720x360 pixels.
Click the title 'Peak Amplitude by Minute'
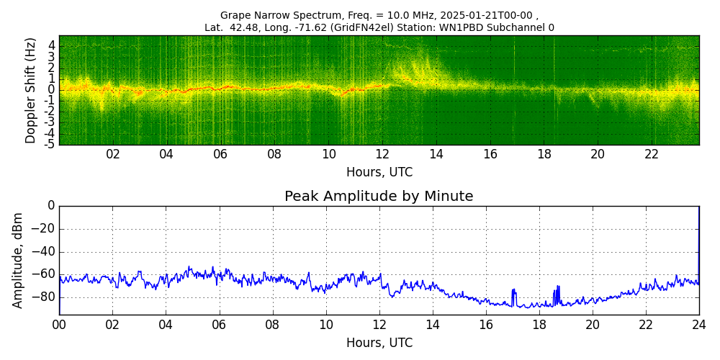(x=379, y=196)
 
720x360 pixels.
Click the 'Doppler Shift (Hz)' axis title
(x=30, y=90)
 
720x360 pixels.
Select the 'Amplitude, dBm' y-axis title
(x=19, y=260)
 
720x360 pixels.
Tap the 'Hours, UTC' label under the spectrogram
(x=379, y=172)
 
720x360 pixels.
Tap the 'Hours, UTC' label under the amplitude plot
(x=379, y=343)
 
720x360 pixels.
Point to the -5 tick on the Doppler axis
(x=50, y=144)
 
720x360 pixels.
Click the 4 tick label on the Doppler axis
(x=52, y=45)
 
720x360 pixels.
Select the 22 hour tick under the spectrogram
(x=652, y=154)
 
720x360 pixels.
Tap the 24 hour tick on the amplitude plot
(x=699, y=325)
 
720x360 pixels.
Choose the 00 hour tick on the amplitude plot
(x=59, y=325)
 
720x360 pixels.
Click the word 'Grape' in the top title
(x=235, y=15)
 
